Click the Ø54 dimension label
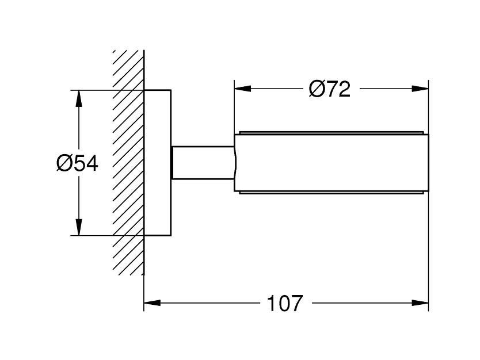click(x=77, y=163)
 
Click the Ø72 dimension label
click(x=329, y=89)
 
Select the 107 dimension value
click(x=285, y=303)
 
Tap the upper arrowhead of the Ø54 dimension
click(x=79, y=98)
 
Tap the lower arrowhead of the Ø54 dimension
click(x=79, y=227)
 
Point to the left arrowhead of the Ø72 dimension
click(x=242, y=89)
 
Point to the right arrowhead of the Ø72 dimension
click(x=420, y=89)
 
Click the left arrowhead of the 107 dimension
click(x=152, y=303)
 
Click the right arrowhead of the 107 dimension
click(x=420, y=303)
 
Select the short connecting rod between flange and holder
click(x=203, y=162)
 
